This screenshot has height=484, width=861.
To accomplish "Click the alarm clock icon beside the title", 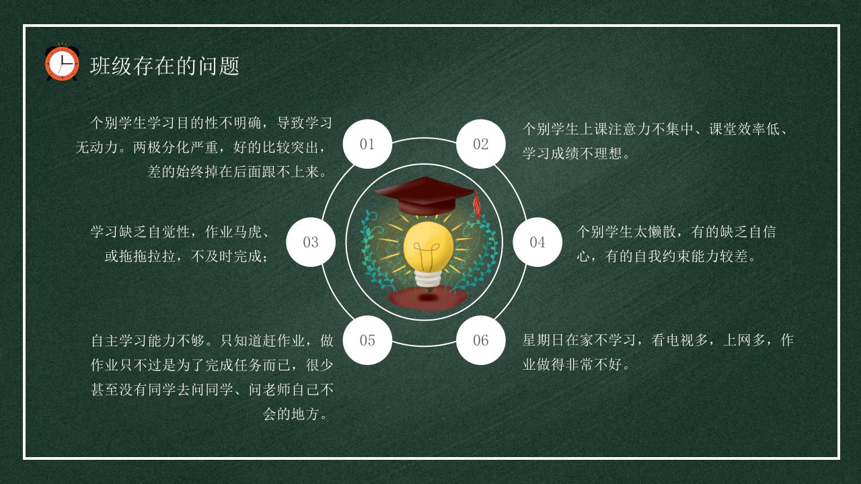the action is (x=62, y=63).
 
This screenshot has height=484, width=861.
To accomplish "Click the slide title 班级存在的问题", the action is (x=165, y=66).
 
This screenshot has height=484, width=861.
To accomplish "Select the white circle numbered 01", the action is (x=367, y=144).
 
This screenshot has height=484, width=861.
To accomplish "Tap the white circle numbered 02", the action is (x=481, y=144).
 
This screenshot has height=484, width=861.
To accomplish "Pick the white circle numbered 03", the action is (x=311, y=242).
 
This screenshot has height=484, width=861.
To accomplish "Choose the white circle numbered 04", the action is (x=537, y=242).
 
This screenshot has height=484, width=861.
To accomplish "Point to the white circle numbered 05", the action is (x=367, y=340).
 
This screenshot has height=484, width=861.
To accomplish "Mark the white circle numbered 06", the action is (x=481, y=340).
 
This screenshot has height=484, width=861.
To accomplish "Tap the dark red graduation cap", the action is (x=426, y=196).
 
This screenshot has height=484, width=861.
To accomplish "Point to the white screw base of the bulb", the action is (x=428, y=280).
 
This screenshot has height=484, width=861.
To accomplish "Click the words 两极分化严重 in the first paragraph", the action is (x=176, y=147).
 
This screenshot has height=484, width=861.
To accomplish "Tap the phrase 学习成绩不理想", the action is (x=572, y=154).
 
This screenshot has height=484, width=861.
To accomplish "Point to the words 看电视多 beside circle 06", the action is (x=679, y=340).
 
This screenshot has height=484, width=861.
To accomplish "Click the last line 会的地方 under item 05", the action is (x=291, y=414).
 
